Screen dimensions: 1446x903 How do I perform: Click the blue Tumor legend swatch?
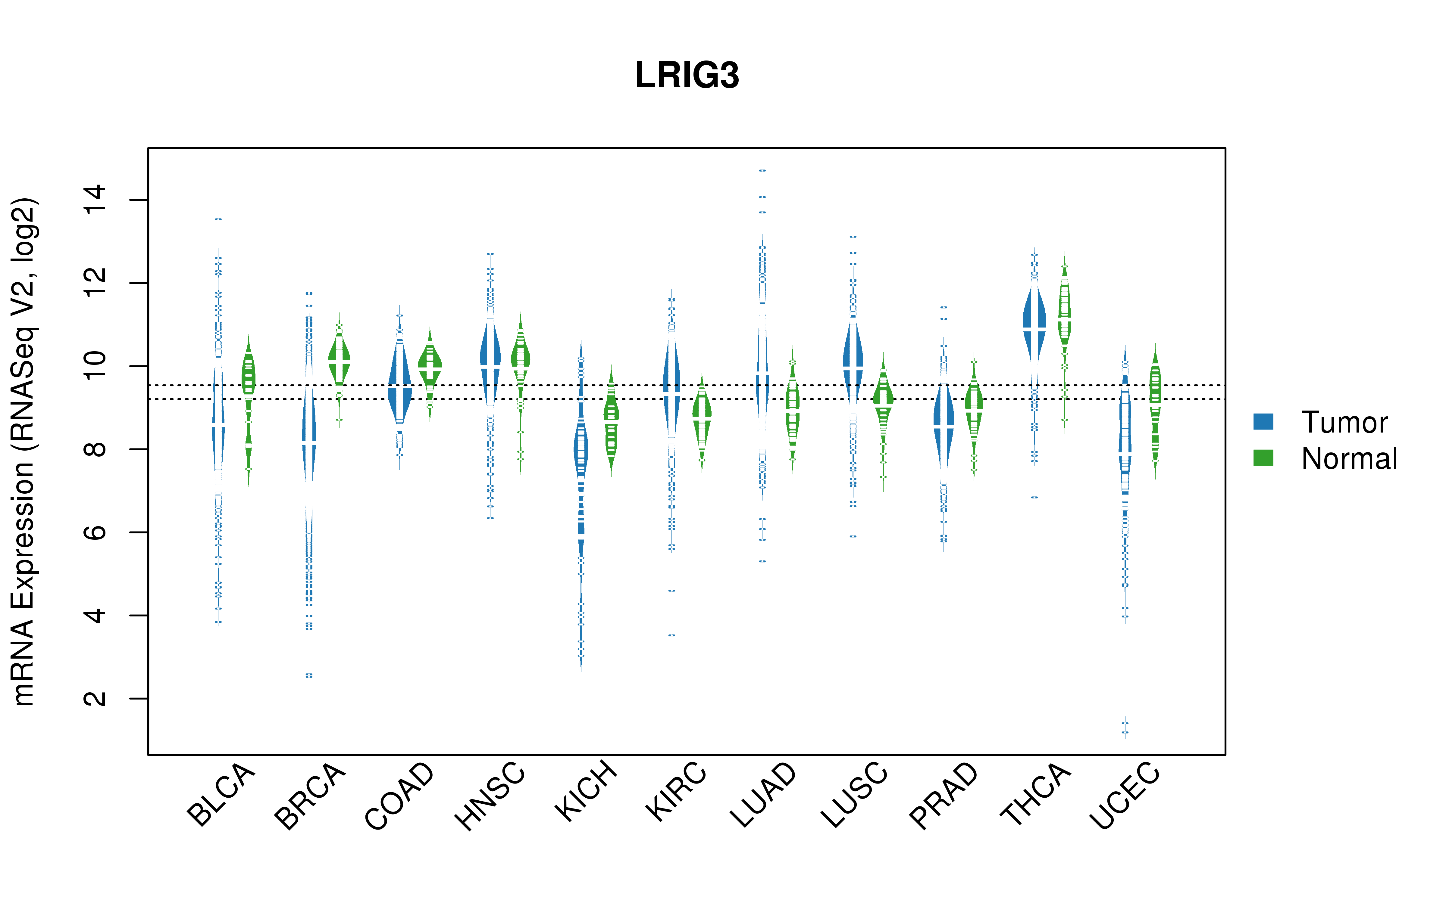pos(1263,422)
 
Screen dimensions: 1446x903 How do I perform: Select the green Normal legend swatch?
pos(1263,458)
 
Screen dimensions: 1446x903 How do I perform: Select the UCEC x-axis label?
pos(1124,796)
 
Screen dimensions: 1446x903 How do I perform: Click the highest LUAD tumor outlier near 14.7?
pos(762,171)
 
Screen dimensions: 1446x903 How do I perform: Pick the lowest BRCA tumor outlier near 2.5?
pos(309,675)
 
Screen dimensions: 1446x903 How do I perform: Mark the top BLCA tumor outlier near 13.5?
pos(219,219)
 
